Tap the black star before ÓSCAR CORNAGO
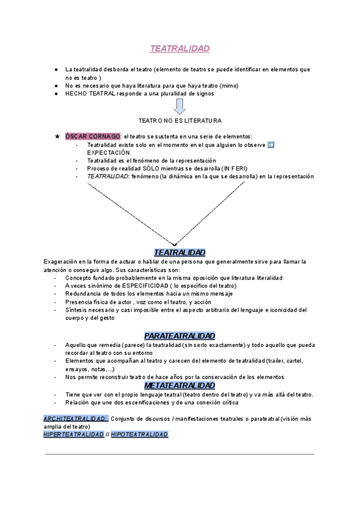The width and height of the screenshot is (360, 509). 57,137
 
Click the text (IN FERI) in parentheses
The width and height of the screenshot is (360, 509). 234,169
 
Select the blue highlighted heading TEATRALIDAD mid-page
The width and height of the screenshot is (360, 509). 179,253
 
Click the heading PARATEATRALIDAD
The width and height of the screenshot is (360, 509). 179,336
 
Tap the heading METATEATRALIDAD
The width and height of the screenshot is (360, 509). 179,385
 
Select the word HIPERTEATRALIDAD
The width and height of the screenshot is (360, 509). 73,434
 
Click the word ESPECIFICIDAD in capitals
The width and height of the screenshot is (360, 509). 140,286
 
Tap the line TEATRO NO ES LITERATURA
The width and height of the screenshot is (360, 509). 179,121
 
